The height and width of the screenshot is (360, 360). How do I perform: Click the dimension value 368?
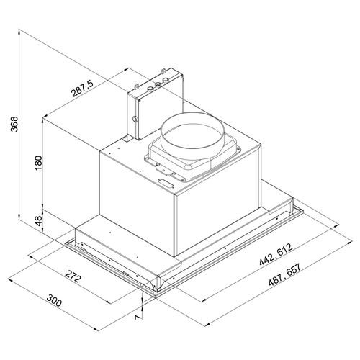14,124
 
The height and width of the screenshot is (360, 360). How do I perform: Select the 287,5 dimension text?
82,88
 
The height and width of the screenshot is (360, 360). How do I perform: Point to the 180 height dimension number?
38,163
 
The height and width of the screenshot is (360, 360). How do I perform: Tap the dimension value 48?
38,221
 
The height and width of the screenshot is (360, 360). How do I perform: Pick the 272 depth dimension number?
73,276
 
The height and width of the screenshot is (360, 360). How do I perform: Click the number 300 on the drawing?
54,300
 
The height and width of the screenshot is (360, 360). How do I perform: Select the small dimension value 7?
138,318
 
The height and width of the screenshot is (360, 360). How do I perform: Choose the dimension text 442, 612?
276,254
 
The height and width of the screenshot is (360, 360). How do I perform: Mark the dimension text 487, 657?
284,275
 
